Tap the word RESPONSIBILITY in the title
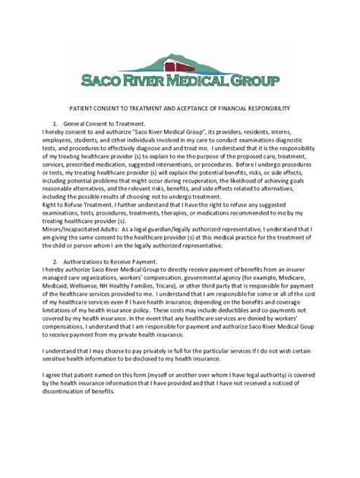coord(264,108)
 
